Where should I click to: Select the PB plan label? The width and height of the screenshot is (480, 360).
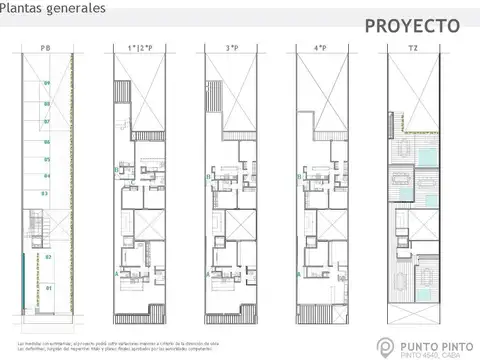[x=46, y=48]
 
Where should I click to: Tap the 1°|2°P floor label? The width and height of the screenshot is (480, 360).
[x=137, y=48]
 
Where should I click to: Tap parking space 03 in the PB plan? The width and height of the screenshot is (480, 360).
[x=45, y=193]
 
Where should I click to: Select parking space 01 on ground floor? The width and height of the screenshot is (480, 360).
[x=46, y=288]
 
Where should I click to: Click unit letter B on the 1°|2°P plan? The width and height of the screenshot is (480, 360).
[x=116, y=171]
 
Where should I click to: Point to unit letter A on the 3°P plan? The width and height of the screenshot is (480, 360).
[x=208, y=270]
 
